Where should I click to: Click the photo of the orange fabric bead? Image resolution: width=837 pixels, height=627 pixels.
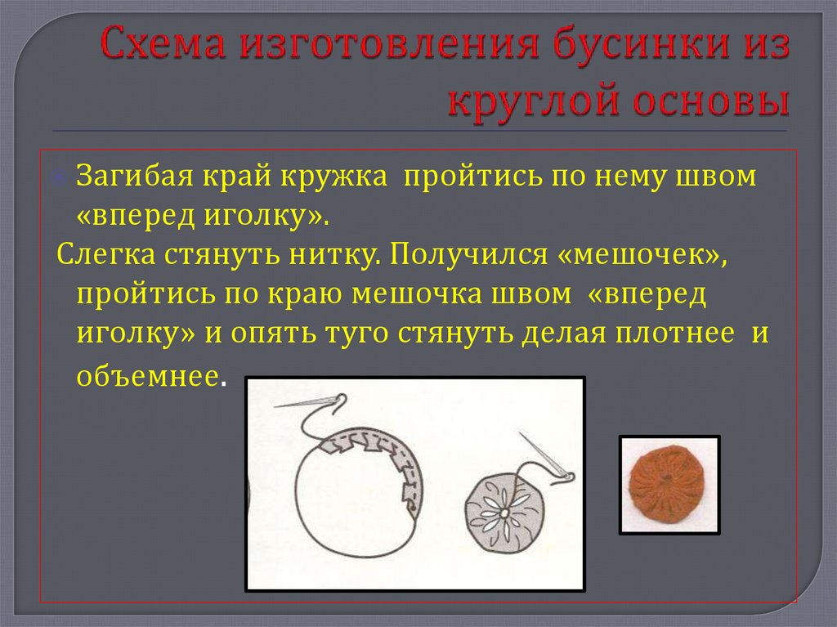pyautogui.click(x=669, y=485)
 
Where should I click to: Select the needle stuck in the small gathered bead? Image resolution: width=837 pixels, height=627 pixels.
pyautogui.click(x=544, y=458)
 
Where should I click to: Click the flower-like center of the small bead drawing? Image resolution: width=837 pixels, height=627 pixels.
pyautogui.click(x=504, y=512)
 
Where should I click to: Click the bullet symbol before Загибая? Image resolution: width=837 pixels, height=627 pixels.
pyautogui.click(x=65, y=178)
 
